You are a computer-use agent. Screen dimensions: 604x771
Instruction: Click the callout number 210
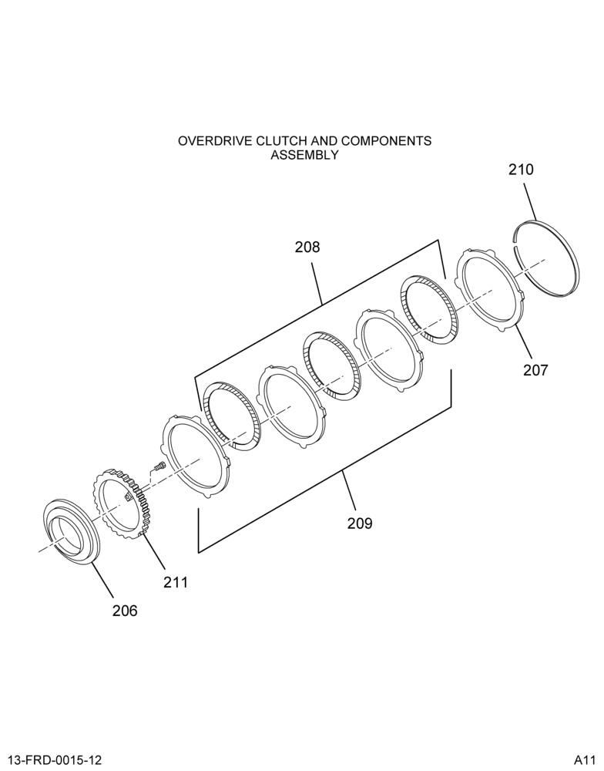(521, 170)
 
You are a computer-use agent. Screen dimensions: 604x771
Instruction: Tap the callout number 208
(307, 247)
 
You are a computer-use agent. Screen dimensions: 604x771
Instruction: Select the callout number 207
(535, 370)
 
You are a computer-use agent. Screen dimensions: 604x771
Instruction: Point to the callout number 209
(360, 524)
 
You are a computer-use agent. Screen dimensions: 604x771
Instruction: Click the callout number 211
(176, 582)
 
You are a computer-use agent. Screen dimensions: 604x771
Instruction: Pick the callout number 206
(125, 611)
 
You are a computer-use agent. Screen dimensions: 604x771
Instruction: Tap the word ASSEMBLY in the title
(305, 155)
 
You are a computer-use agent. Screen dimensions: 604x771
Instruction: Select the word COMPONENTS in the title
(386, 141)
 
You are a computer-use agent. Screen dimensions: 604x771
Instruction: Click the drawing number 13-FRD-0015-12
(53, 760)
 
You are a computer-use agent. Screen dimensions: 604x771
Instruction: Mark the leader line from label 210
(530, 201)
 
